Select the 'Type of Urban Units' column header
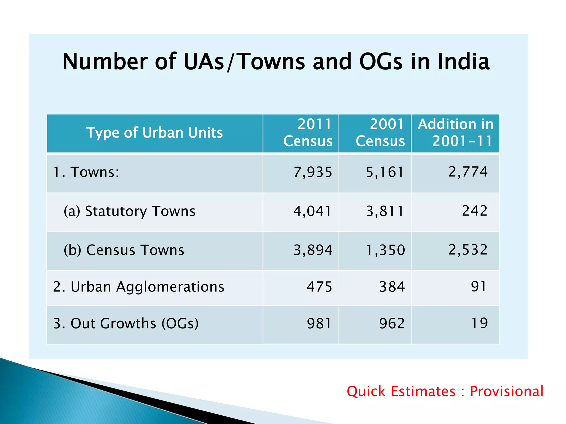tap(154, 133)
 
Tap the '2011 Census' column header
tap(308, 133)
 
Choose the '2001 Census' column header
tap(380, 133)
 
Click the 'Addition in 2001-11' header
tap(455, 133)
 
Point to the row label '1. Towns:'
tap(86, 172)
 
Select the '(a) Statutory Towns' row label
tap(129, 211)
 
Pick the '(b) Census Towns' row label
tap(124, 250)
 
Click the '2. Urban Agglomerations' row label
tap(138, 287)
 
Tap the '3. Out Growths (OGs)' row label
tap(126, 324)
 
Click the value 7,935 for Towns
tap(313, 172)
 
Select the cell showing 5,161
tap(385, 172)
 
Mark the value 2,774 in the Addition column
tap(468, 172)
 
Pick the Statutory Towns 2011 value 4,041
tap(313, 211)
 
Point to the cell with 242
tap(475, 211)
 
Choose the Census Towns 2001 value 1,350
tap(385, 250)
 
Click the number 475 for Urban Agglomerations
tap(319, 287)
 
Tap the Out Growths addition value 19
tap(479, 323)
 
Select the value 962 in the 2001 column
tap(392, 324)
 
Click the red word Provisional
tap(507, 391)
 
